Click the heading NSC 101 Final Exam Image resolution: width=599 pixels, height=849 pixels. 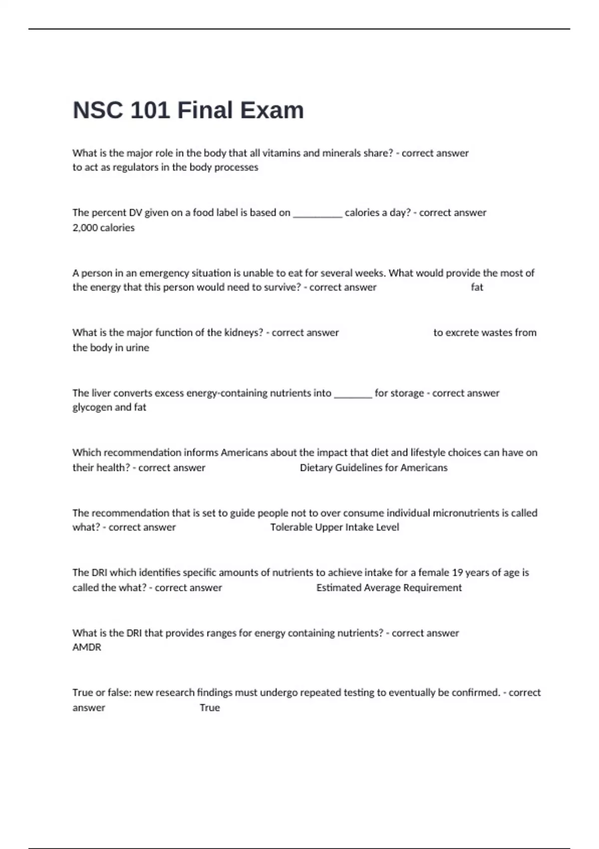coord(188,110)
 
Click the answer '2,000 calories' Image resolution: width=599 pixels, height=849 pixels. coord(103,228)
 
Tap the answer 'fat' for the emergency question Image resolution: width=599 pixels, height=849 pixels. coord(477,287)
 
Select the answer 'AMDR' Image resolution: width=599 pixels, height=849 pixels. coord(87,647)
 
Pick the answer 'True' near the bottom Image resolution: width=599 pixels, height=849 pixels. coord(210,708)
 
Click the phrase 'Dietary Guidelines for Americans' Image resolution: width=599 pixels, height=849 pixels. coord(373,468)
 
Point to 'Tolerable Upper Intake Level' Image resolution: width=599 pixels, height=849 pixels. coord(334,527)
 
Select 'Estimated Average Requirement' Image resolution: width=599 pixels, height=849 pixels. coord(389,588)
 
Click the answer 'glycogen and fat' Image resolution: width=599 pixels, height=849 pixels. coord(109,408)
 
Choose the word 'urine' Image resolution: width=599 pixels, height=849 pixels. coord(137,348)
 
